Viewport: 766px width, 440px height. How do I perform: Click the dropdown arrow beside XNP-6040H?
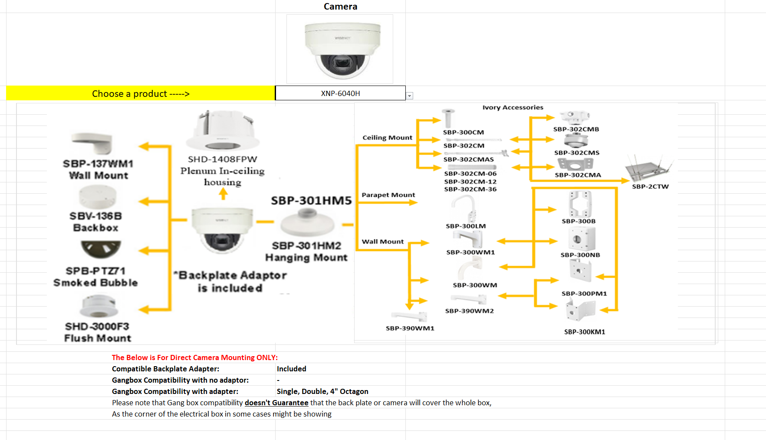pyautogui.click(x=410, y=96)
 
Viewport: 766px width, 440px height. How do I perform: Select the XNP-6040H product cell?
pyautogui.click(x=340, y=93)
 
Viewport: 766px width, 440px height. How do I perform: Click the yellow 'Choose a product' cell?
pyautogui.click(x=141, y=93)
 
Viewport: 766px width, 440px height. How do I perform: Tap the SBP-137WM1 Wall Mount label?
pyautogui.click(x=98, y=169)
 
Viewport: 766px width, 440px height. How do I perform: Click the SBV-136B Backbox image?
pyautogui.click(x=97, y=197)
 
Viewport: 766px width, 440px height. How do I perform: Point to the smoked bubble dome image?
pyautogui.click(x=101, y=249)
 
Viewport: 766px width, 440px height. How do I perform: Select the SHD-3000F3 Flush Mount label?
pyautogui.click(x=97, y=332)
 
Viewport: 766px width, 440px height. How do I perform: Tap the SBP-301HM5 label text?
pyautogui.click(x=311, y=200)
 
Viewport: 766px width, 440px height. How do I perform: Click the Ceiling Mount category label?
pyautogui.click(x=387, y=138)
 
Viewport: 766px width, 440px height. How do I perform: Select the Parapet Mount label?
pyautogui.click(x=388, y=195)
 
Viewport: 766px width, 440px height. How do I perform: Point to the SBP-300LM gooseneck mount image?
pyautogui.click(x=466, y=208)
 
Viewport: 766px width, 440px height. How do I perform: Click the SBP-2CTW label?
pyautogui.click(x=650, y=187)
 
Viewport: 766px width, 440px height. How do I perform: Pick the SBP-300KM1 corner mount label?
pyautogui.click(x=584, y=332)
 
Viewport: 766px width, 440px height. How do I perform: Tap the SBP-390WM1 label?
pyautogui.click(x=410, y=328)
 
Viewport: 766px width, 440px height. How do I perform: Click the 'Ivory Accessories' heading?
pyautogui.click(x=513, y=107)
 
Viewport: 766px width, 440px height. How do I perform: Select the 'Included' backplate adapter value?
pyautogui.click(x=291, y=369)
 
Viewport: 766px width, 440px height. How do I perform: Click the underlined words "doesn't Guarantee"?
pyautogui.click(x=276, y=403)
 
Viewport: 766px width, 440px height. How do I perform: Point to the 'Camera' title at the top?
pyautogui.click(x=340, y=7)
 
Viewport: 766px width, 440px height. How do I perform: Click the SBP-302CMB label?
pyautogui.click(x=576, y=129)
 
